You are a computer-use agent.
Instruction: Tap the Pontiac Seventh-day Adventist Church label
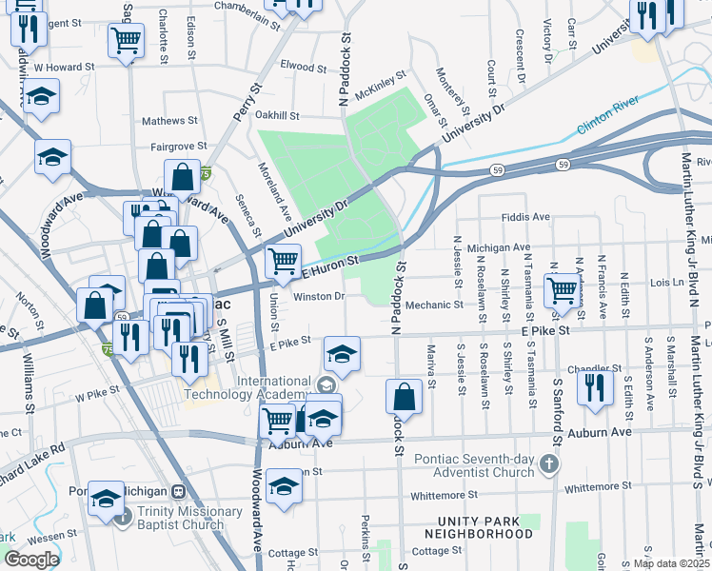coord(474,464)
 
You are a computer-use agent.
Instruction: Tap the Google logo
coord(31,560)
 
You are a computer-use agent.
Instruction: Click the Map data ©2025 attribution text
coord(670,563)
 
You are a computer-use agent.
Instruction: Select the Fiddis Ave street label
coord(525,217)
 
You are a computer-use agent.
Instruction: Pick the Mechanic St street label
coord(433,305)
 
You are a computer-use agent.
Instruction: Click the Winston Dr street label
coord(318,296)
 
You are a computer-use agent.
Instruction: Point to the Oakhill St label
coord(277,115)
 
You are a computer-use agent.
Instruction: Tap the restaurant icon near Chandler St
coord(595,387)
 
